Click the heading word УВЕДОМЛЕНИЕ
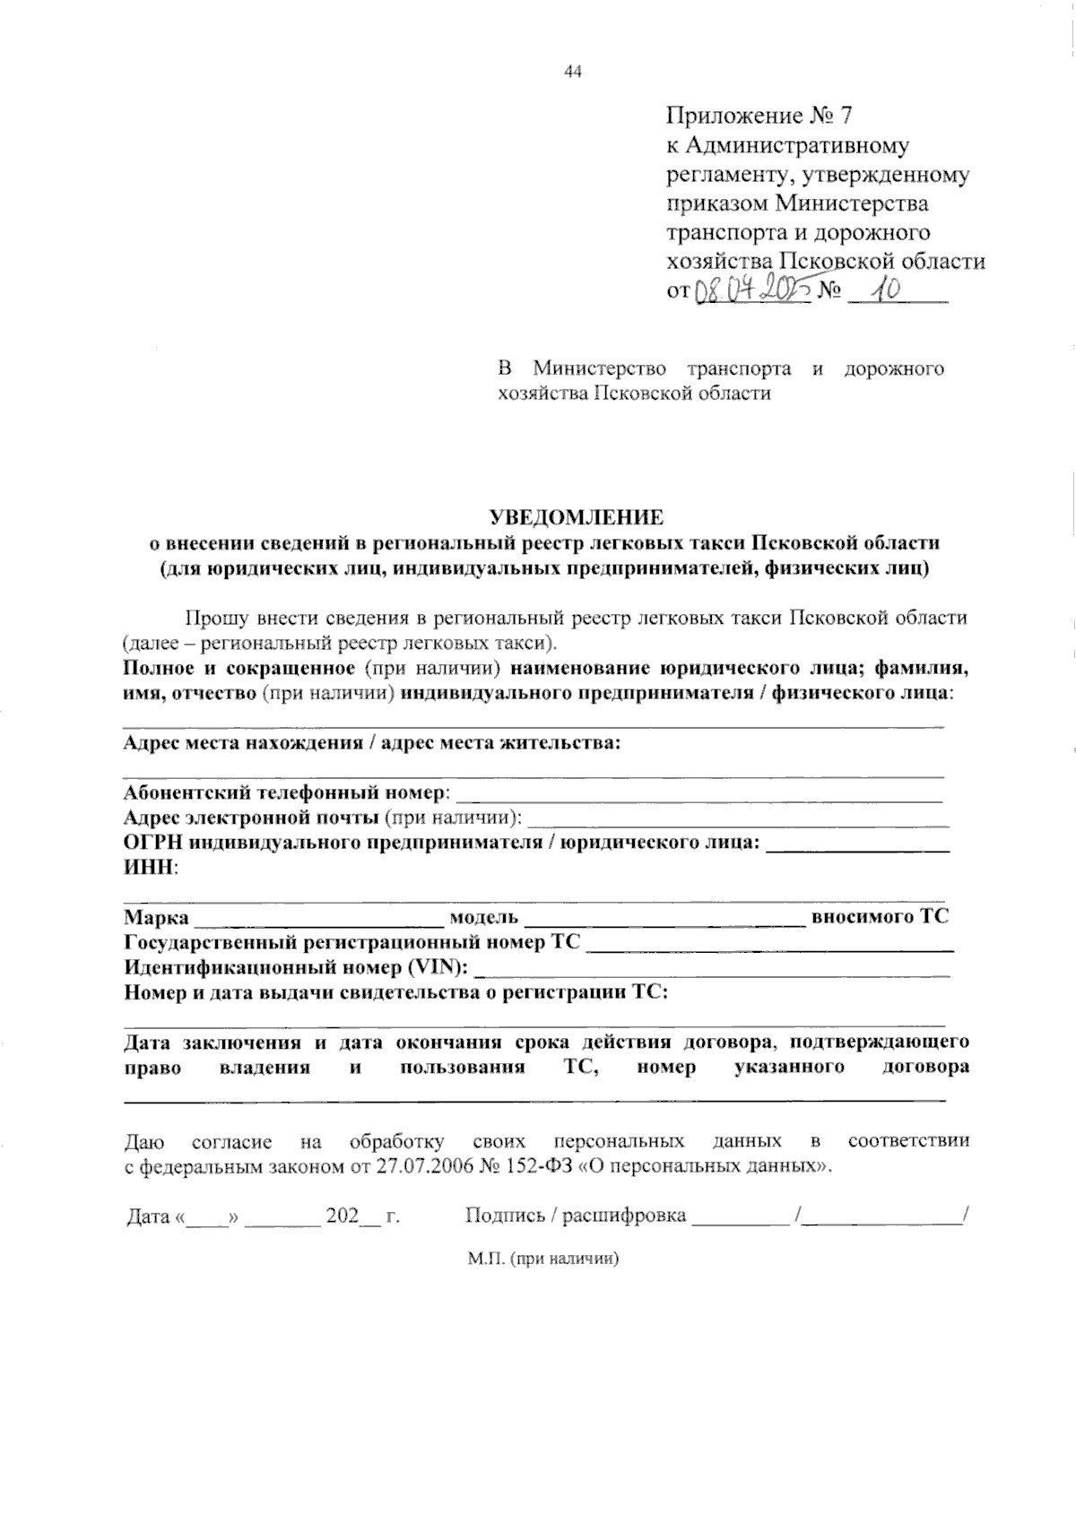tap(576, 517)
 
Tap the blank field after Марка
tap(318, 918)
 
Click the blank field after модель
tap(664, 918)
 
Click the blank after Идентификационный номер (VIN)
tap(711, 968)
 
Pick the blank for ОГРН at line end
tap(858, 844)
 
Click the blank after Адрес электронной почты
tap(739, 818)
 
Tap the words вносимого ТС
tap(879, 917)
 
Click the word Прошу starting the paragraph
tap(214, 619)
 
